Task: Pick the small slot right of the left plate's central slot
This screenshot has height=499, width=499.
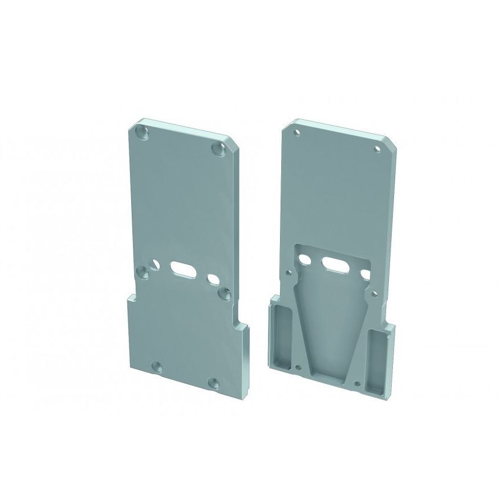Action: [213, 278]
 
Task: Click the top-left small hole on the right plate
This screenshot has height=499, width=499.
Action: [297, 133]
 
